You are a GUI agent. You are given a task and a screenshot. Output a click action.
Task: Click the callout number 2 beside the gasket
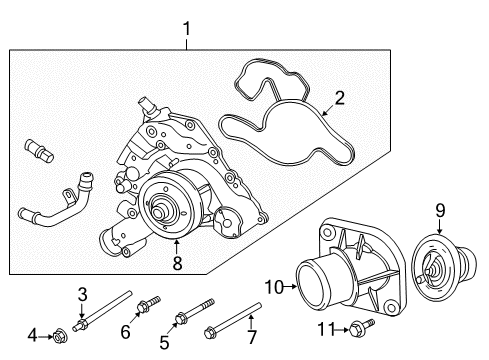tap(339, 98)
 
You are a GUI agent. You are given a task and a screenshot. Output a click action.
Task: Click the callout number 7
tap(250, 336)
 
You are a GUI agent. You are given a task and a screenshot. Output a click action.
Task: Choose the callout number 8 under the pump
tap(177, 264)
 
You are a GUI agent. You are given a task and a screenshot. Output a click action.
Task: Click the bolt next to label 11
tap(359, 327)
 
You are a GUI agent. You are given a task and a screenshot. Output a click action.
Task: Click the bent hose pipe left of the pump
tap(60, 205)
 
